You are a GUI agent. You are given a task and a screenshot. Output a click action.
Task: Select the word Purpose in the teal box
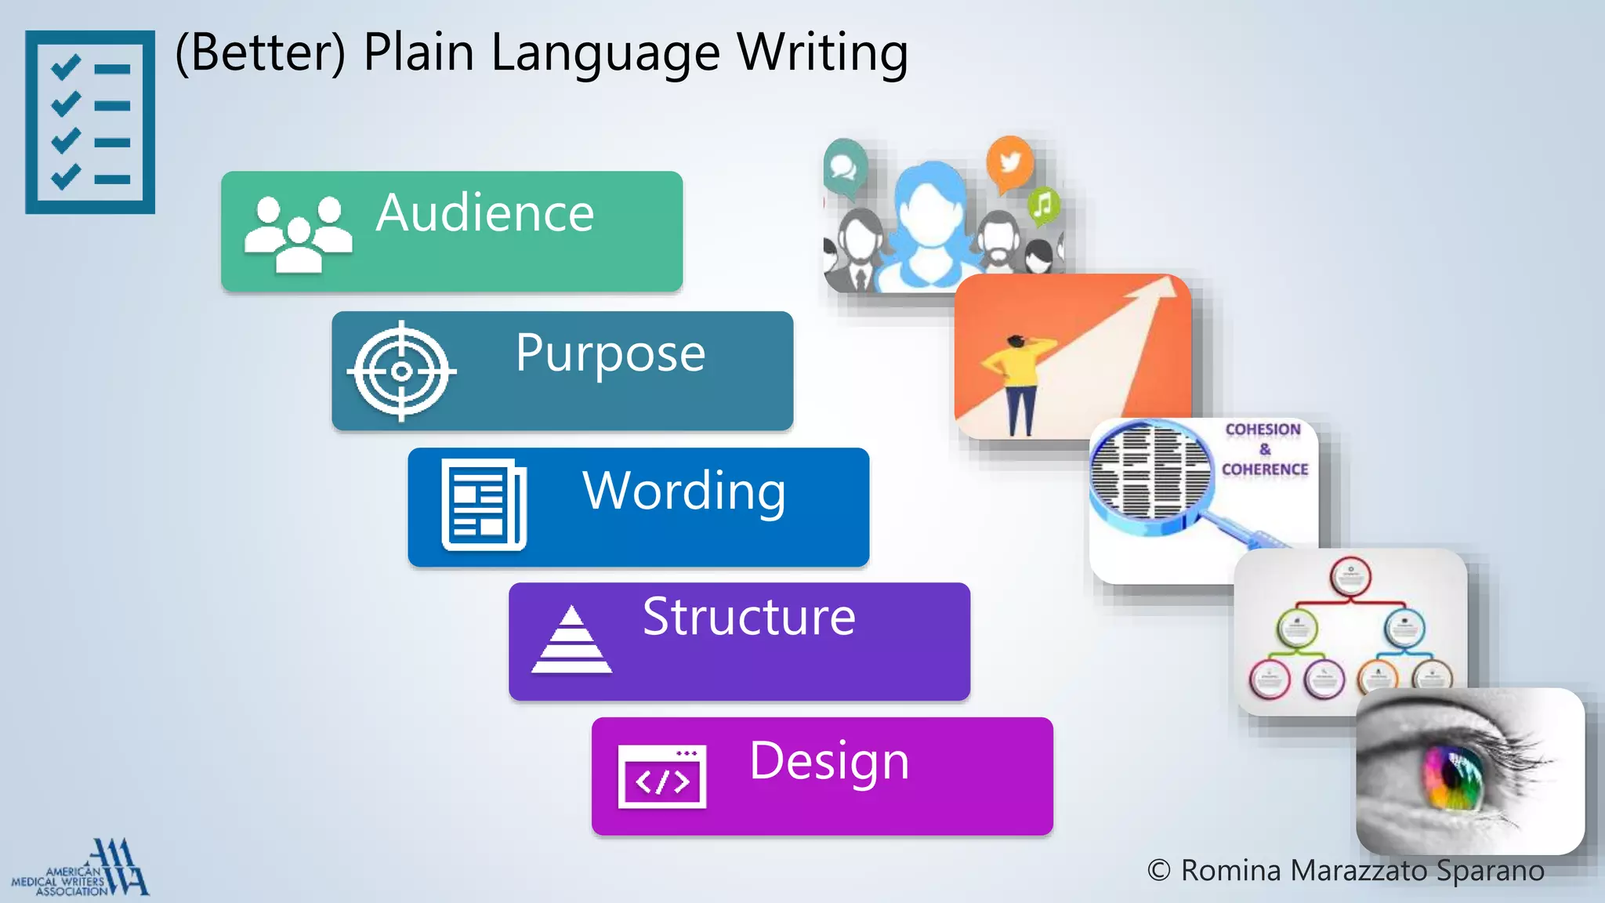tap(610, 354)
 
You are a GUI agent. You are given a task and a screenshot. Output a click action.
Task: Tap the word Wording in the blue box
tap(684, 491)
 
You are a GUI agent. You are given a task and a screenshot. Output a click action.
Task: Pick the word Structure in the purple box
tap(748, 617)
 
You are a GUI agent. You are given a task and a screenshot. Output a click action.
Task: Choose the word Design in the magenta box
tap(829, 760)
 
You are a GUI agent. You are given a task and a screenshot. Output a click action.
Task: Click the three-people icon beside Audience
tap(298, 234)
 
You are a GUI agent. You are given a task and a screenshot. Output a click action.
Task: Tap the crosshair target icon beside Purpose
tap(402, 371)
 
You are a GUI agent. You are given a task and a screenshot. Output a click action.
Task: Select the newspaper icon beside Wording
tap(484, 505)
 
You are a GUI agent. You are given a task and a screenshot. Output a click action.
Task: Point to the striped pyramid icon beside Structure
tap(571, 640)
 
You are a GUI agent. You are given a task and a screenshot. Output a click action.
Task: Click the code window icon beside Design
tap(662, 776)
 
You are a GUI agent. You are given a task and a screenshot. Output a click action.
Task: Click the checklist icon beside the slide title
tap(90, 122)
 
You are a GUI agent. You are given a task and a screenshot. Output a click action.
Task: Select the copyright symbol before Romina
tap(1159, 870)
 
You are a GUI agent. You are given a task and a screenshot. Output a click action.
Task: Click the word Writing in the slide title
tap(823, 53)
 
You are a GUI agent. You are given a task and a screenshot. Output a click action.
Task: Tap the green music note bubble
tap(1043, 206)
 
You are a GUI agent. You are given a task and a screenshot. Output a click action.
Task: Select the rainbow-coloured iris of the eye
tap(1454, 779)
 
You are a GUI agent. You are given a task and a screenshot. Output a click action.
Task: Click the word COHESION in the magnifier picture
tap(1263, 430)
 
